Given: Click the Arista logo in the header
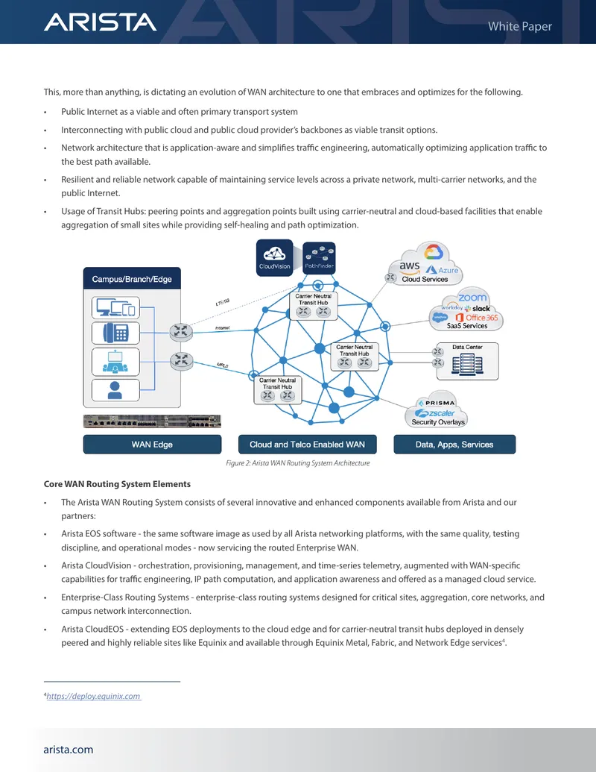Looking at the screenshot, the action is coord(101,22).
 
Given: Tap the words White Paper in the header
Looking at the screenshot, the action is coord(520,26).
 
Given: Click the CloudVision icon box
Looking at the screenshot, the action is coord(274,257).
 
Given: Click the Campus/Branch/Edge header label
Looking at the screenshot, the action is coord(132,279).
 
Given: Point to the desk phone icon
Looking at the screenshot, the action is coord(115,333).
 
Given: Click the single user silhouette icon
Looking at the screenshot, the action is coord(115,390).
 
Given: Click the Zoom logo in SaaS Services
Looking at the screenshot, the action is coord(472,298).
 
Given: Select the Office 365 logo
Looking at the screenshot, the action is coord(477,318).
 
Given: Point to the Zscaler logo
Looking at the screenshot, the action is coord(435,413).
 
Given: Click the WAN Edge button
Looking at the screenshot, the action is coord(152,444).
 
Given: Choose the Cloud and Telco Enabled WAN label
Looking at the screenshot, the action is coord(308,444).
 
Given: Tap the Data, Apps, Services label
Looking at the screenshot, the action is coord(454,444).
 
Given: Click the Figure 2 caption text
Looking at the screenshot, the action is coord(297,462).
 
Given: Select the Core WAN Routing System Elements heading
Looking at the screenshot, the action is coord(117,484).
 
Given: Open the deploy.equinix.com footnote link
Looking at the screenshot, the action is coord(93,696).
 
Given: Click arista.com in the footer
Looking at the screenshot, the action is coord(69,750).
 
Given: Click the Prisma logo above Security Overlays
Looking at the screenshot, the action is coord(437,403).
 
